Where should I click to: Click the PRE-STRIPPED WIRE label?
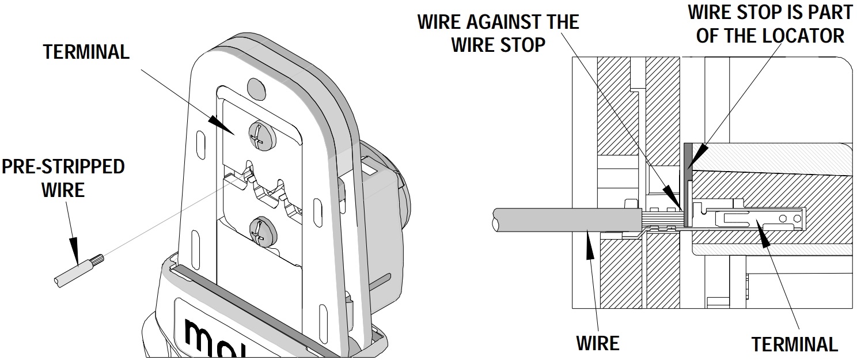(x=63, y=178)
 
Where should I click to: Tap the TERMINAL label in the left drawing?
(x=86, y=52)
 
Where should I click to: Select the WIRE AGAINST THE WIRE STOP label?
(x=498, y=33)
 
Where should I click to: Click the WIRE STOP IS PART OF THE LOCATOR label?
(x=770, y=23)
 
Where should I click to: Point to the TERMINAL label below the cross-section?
(x=794, y=344)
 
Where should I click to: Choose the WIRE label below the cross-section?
(x=598, y=343)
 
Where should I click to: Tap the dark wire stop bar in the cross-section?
(x=687, y=184)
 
